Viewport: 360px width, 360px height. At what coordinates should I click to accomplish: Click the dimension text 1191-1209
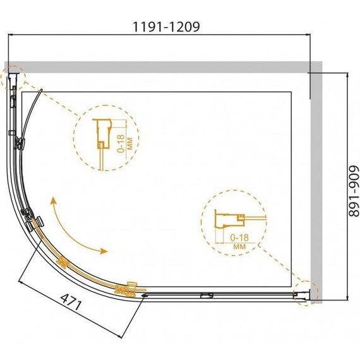point(166,27)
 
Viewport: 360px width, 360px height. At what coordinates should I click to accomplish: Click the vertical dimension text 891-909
point(353,191)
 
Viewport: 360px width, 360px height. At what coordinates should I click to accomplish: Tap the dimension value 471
point(71,302)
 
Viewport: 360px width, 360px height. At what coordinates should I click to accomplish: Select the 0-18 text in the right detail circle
point(239,237)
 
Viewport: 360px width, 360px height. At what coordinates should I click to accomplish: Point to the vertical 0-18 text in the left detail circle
point(121,143)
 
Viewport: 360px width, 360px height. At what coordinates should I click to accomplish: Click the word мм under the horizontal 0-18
point(239,247)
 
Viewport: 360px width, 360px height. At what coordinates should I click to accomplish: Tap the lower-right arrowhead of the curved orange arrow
point(104,251)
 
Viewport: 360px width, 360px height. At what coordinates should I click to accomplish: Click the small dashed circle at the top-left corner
point(13,78)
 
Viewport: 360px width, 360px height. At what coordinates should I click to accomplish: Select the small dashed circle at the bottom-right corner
point(306,293)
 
